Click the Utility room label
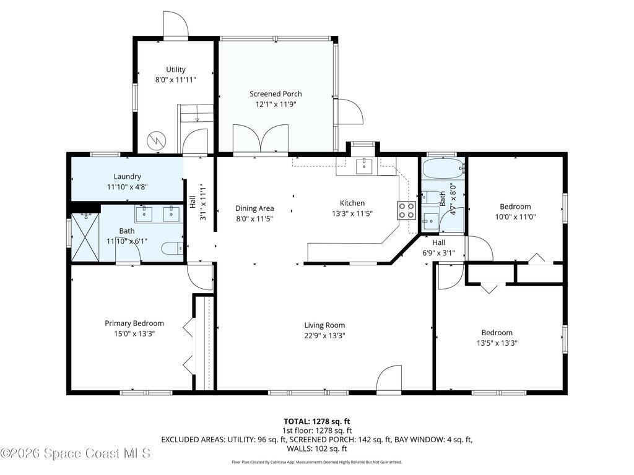coord(175,69)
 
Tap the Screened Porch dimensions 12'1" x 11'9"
coord(276,104)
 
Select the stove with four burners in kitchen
coord(406,210)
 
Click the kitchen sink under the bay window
coord(365,166)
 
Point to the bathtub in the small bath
coord(442,169)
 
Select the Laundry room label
coord(127,176)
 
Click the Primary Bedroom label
coord(134,323)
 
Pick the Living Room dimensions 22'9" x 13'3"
coord(324,335)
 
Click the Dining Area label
coord(254,208)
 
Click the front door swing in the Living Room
coord(389,379)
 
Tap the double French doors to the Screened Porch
coord(261,139)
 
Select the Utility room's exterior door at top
coord(176,24)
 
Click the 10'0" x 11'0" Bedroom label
coord(515,207)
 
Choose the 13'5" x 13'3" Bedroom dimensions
coord(497,343)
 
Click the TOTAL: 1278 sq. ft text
coord(316,422)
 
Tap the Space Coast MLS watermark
coord(76,453)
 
